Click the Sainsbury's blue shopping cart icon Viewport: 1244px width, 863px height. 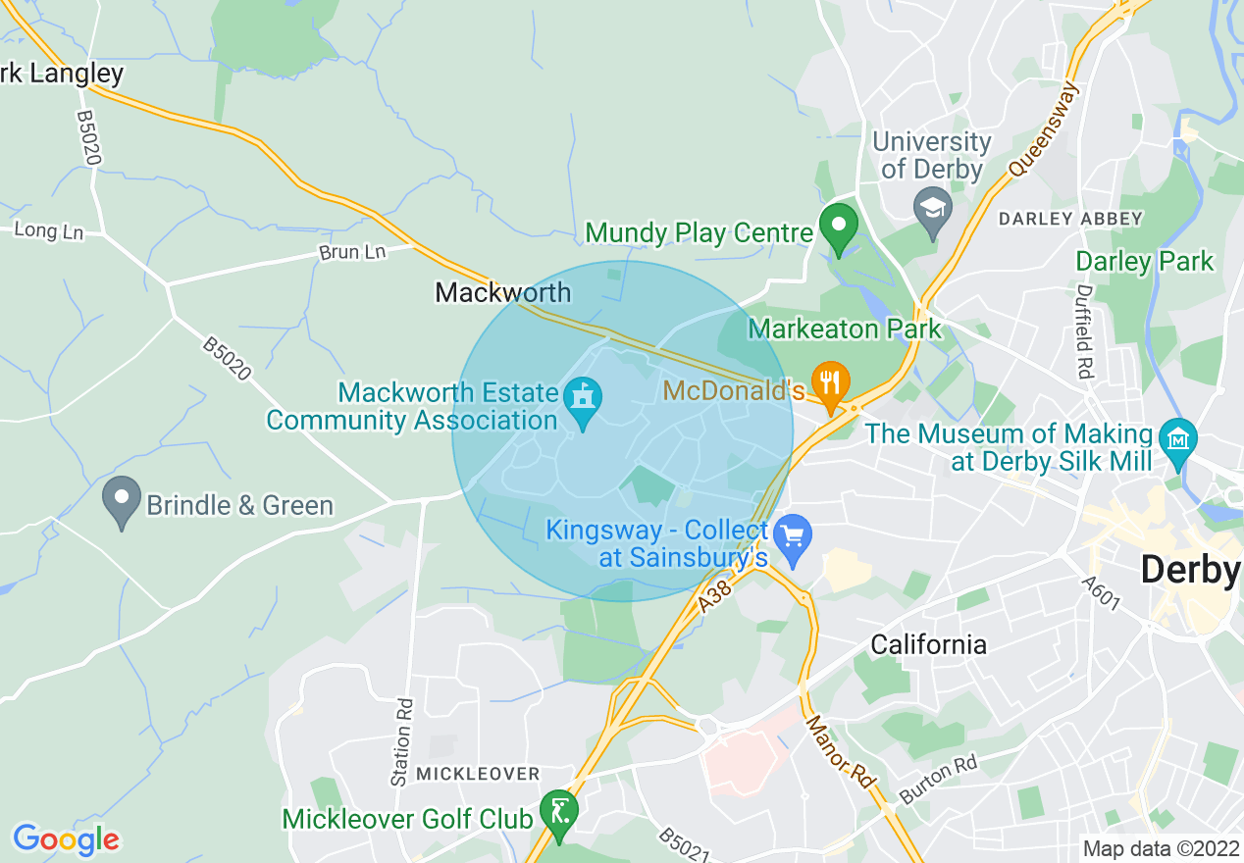(793, 536)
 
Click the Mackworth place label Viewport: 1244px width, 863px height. (503, 292)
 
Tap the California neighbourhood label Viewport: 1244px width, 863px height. (929, 644)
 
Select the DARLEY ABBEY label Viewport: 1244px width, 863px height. (1070, 219)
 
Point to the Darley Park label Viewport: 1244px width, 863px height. (1145, 262)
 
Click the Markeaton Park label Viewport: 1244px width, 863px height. (845, 329)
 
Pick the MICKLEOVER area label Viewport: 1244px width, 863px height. (478, 774)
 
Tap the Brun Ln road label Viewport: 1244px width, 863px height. (352, 252)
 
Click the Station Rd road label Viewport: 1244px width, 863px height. (400, 742)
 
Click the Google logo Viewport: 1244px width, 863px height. (66, 839)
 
